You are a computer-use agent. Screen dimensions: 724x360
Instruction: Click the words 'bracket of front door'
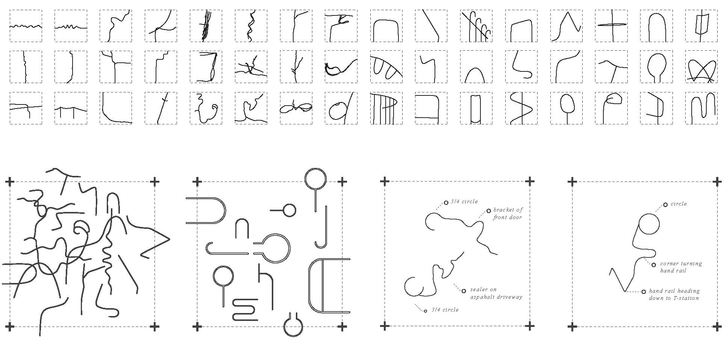pyautogui.click(x=508, y=213)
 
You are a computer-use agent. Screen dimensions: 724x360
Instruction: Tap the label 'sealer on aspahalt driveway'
pyautogui.click(x=496, y=293)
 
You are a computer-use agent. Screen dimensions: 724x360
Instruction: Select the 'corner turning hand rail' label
pyautogui.click(x=681, y=267)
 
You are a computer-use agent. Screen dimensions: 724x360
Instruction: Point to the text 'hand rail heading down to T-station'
pyautogui.click(x=674, y=294)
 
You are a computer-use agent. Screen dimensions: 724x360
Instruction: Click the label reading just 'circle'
pyautogui.click(x=679, y=204)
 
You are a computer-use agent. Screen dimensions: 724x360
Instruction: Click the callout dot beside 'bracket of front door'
pyautogui.click(x=489, y=211)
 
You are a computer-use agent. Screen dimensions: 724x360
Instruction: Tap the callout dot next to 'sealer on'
pyautogui.click(x=464, y=290)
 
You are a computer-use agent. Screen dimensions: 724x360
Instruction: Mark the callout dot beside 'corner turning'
pyautogui.click(x=654, y=265)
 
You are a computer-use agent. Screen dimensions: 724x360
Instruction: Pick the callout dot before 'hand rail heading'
pyautogui.click(x=644, y=292)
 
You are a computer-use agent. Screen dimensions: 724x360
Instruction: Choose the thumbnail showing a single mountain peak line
pyautogui.click(x=566, y=26)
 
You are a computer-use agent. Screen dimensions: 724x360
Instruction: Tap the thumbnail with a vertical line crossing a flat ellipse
pyautogui.click(x=611, y=26)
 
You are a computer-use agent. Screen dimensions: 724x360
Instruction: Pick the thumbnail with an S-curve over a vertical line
pyautogui.click(x=521, y=108)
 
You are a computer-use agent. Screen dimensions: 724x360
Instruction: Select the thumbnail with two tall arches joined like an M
pyautogui.click(x=701, y=108)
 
